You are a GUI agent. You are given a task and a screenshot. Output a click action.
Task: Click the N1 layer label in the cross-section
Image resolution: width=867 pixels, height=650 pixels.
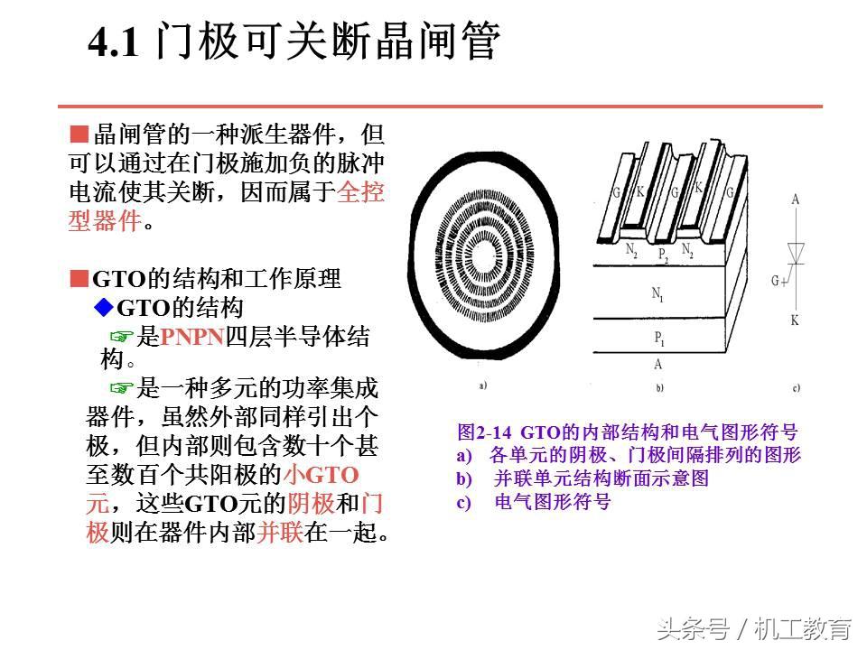(x=657, y=293)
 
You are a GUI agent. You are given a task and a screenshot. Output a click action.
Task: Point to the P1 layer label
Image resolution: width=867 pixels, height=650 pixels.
(x=659, y=338)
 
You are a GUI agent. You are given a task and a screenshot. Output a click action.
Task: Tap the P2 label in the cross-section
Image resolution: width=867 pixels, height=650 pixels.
(x=663, y=255)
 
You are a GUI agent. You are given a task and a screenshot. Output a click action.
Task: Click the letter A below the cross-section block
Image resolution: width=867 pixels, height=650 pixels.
(x=657, y=364)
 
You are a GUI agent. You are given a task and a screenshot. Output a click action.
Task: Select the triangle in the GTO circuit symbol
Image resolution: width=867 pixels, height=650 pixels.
(x=796, y=253)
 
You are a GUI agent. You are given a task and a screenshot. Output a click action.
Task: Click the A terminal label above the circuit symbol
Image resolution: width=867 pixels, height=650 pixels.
(x=795, y=199)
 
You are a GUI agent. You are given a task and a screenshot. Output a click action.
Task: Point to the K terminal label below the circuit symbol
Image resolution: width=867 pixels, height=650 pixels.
(x=795, y=320)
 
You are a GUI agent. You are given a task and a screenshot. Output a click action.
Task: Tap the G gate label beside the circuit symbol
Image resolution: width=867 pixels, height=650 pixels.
(x=776, y=281)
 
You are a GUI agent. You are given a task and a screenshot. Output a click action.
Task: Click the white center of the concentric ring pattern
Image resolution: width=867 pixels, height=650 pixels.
(x=485, y=255)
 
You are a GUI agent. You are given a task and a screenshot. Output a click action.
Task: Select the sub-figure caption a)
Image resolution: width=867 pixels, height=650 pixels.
(x=482, y=385)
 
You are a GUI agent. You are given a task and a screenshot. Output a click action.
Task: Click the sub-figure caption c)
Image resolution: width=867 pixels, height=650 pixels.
(x=797, y=388)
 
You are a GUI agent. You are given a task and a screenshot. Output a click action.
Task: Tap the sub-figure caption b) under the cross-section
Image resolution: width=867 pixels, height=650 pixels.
(x=659, y=387)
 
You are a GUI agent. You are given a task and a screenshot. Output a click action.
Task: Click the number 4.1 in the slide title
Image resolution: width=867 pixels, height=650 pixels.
(x=114, y=42)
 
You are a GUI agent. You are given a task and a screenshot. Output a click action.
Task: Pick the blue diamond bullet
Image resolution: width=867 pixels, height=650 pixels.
(x=103, y=307)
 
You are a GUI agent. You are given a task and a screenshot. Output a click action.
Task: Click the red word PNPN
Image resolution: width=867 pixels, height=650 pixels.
(x=191, y=337)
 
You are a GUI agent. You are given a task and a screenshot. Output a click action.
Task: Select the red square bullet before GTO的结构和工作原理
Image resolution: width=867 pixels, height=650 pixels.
(x=79, y=279)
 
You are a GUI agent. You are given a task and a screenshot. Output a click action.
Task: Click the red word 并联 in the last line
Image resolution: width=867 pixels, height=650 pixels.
(x=280, y=533)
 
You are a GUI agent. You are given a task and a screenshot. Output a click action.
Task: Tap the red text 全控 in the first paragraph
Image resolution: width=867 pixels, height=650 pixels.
(x=360, y=191)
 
